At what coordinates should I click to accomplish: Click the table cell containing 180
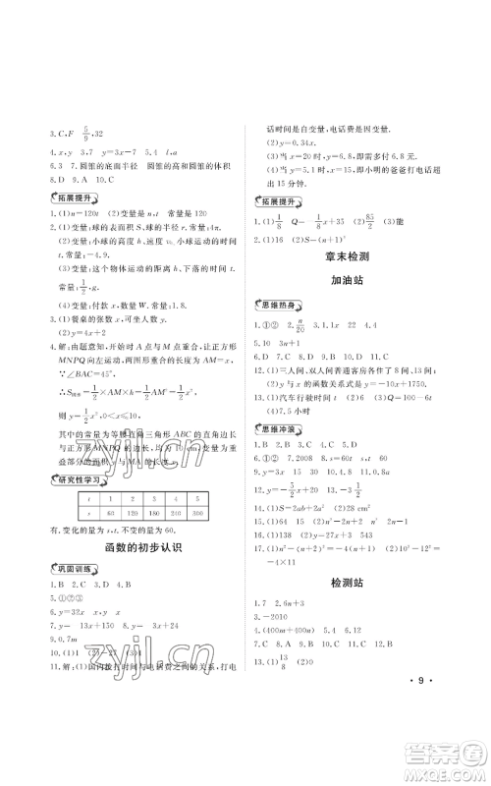(153, 514)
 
